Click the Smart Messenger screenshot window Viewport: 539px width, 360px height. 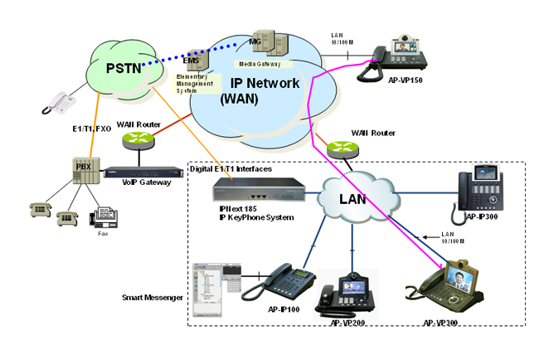coord(215,287)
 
